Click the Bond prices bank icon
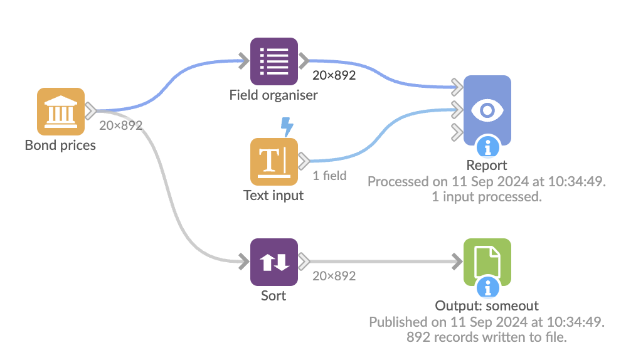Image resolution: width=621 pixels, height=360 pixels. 60,111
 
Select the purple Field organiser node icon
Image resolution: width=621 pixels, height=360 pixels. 273,61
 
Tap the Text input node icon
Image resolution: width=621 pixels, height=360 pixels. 273,161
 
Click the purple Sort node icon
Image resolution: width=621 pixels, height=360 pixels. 273,262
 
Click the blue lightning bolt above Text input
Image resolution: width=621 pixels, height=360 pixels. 287,127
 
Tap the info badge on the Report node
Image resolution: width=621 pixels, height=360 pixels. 487,147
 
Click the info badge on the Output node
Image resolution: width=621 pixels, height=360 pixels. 487,288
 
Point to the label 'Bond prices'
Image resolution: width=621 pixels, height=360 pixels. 60,146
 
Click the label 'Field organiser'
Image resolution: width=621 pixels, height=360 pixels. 273,95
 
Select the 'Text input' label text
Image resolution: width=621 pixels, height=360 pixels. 273,195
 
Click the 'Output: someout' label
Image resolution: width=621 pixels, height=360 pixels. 487,306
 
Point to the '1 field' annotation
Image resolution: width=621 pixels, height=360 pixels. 329,176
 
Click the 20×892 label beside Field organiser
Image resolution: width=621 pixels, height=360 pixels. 334,76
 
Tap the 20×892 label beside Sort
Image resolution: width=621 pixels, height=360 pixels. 334,276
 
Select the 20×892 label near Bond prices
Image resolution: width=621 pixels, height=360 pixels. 120,125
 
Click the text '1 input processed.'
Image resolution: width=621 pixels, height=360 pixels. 487,196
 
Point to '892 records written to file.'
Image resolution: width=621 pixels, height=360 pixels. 487,337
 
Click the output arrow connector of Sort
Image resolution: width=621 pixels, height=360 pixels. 304,261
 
